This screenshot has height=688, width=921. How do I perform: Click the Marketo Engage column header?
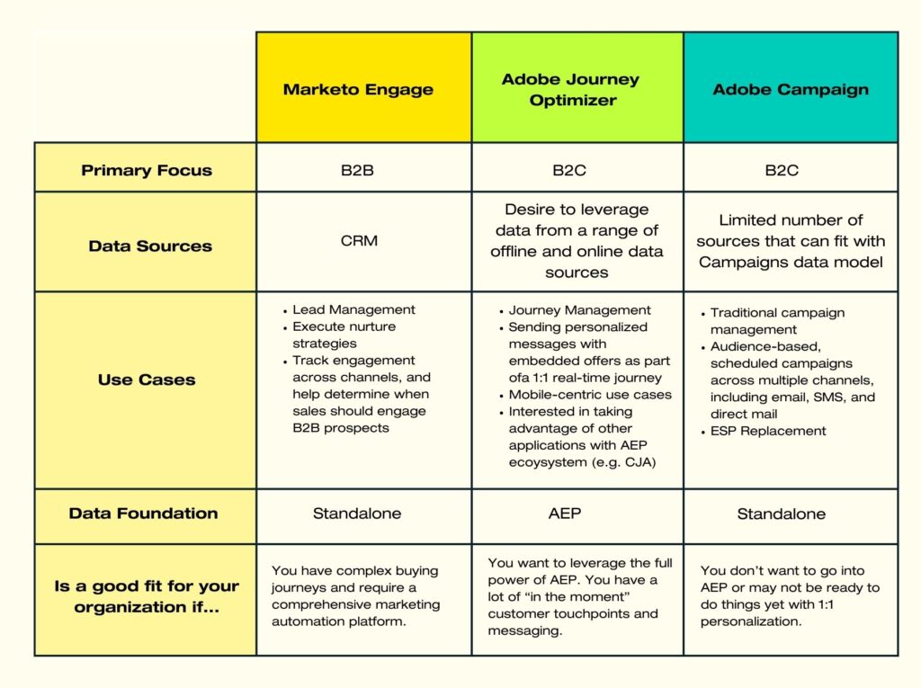click(358, 89)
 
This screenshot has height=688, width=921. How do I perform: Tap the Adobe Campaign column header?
click(791, 89)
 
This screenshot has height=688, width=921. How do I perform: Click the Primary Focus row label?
click(147, 170)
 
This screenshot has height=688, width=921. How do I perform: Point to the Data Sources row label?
click(150, 246)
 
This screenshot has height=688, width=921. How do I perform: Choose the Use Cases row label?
click(147, 380)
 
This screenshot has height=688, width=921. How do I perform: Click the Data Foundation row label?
click(143, 514)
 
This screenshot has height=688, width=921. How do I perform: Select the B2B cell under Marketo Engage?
click(357, 170)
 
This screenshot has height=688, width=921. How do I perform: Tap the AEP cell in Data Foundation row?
click(564, 514)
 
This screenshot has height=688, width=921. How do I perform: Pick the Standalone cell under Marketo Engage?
click(357, 514)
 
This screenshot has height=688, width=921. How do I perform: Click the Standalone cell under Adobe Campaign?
click(782, 514)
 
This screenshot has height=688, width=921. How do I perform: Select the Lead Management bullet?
click(353, 309)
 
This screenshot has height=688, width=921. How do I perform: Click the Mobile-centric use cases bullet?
click(589, 394)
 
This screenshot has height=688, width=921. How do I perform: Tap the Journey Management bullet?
click(579, 309)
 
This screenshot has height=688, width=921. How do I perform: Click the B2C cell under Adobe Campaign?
click(782, 170)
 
